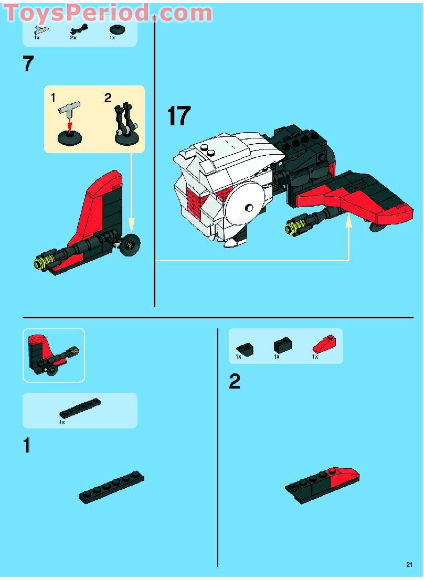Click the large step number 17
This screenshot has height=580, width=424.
pyautogui.click(x=178, y=116)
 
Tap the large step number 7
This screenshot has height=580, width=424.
pyautogui.click(x=28, y=64)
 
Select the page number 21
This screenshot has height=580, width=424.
pyautogui.click(x=409, y=564)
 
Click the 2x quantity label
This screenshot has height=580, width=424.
pyautogui.click(x=73, y=38)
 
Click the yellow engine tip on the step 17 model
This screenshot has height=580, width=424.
pyautogui.click(x=292, y=227)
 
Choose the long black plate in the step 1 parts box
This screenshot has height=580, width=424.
pyautogui.click(x=80, y=409)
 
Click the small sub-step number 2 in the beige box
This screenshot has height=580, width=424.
pyautogui.click(x=108, y=98)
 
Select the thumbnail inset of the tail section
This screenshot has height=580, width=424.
pyautogui.click(x=54, y=355)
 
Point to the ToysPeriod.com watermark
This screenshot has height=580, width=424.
pyautogui.click(x=108, y=13)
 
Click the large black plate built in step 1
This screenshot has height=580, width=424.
pyautogui.click(x=111, y=487)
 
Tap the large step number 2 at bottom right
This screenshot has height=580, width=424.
pyautogui.click(x=235, y=381)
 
